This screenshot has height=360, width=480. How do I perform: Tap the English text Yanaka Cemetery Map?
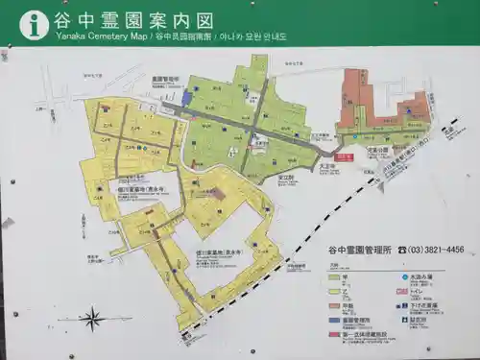tap(91, 36)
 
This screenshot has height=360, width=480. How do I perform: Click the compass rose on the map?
tap(92, 318)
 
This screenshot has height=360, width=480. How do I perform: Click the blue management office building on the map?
tap(187, 98)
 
